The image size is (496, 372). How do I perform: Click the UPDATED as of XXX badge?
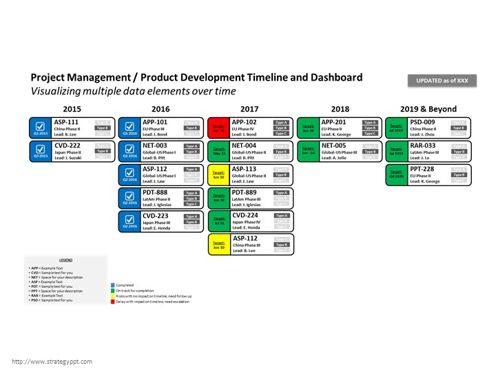pyautogui.click(x=442, y=81)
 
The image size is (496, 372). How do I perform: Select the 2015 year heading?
pyautogui.click(x=72, y=109)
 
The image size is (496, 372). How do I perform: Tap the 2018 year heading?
pyautogui.click(x=340, y=109)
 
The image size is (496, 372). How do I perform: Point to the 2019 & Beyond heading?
pyautogui.click(x=428, y=109)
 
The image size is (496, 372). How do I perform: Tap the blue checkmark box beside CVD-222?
pyautogui.click(x=40, y=151)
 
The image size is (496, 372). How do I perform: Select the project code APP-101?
pyautogui.click(x=156, y=122)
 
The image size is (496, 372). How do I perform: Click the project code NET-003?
pyautogui.click(x=156, y=145)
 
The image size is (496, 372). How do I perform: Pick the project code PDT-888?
pyautogui.click(x=156, y=192)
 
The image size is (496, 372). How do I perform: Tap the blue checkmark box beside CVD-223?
pyautogui.click(x=129, y=221)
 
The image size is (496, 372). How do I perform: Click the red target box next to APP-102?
pyautogui.click(x=218, y=127)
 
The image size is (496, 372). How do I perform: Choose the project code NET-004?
pyautogui.click(x=245, y=145)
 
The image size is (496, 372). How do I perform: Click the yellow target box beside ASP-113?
pyautogui.click(x=218, y=174)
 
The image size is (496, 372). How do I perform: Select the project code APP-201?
pyautogui.click(x=334, y=122)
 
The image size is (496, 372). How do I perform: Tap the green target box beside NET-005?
pyautogui.click(x=308, y=151)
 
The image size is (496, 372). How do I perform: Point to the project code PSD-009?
pyautogui.click(x=423, y=122)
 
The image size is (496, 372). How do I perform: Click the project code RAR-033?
pyautogui.click(x=423, y=145)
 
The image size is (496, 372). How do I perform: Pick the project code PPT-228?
pyautogui.click(x=423, y=169)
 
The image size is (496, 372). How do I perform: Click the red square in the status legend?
pyautogui.click(x=113, y=301)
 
